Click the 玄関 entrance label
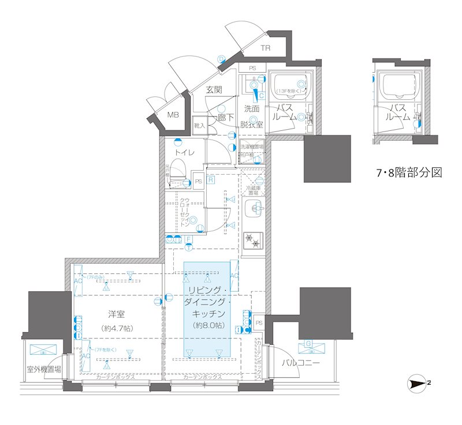pos(214,89)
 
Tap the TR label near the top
pos(265,48)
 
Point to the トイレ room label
pos(185,152)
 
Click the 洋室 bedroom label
pos(117,314)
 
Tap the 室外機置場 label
pos(43,370)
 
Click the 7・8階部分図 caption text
pos(408,172)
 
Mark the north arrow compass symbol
pos(419,382)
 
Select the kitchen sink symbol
pos(254,207)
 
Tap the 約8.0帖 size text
pos(208,325)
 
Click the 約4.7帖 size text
pos(117,328)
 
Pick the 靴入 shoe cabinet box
pos(200,125)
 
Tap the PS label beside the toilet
pos(198,182)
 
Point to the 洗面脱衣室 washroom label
pos(252,116)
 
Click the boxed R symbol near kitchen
pos(211,180)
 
